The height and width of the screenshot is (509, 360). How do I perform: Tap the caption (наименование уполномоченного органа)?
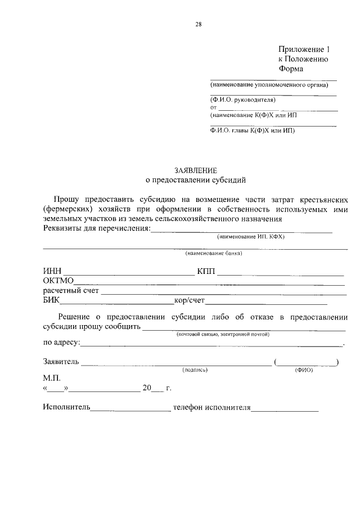click(269, 85)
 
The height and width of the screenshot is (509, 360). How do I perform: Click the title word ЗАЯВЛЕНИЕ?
click(195, 170)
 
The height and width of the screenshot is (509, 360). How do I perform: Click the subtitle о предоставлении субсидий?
click(195, 181)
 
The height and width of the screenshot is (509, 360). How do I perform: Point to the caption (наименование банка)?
click(214, 253)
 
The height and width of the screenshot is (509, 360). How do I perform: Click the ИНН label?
click(52, 272)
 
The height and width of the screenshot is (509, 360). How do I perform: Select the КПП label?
click(206, 272)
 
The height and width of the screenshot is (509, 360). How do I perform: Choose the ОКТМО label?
click(58, 281)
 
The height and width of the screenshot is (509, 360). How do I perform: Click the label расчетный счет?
click(71, 291)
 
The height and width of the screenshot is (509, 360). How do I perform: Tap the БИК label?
click(52, 300)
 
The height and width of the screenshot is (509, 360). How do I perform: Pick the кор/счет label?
click(190, 300)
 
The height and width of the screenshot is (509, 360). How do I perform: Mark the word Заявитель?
click(61, 361)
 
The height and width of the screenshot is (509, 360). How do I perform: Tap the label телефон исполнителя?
click(211, 407)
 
